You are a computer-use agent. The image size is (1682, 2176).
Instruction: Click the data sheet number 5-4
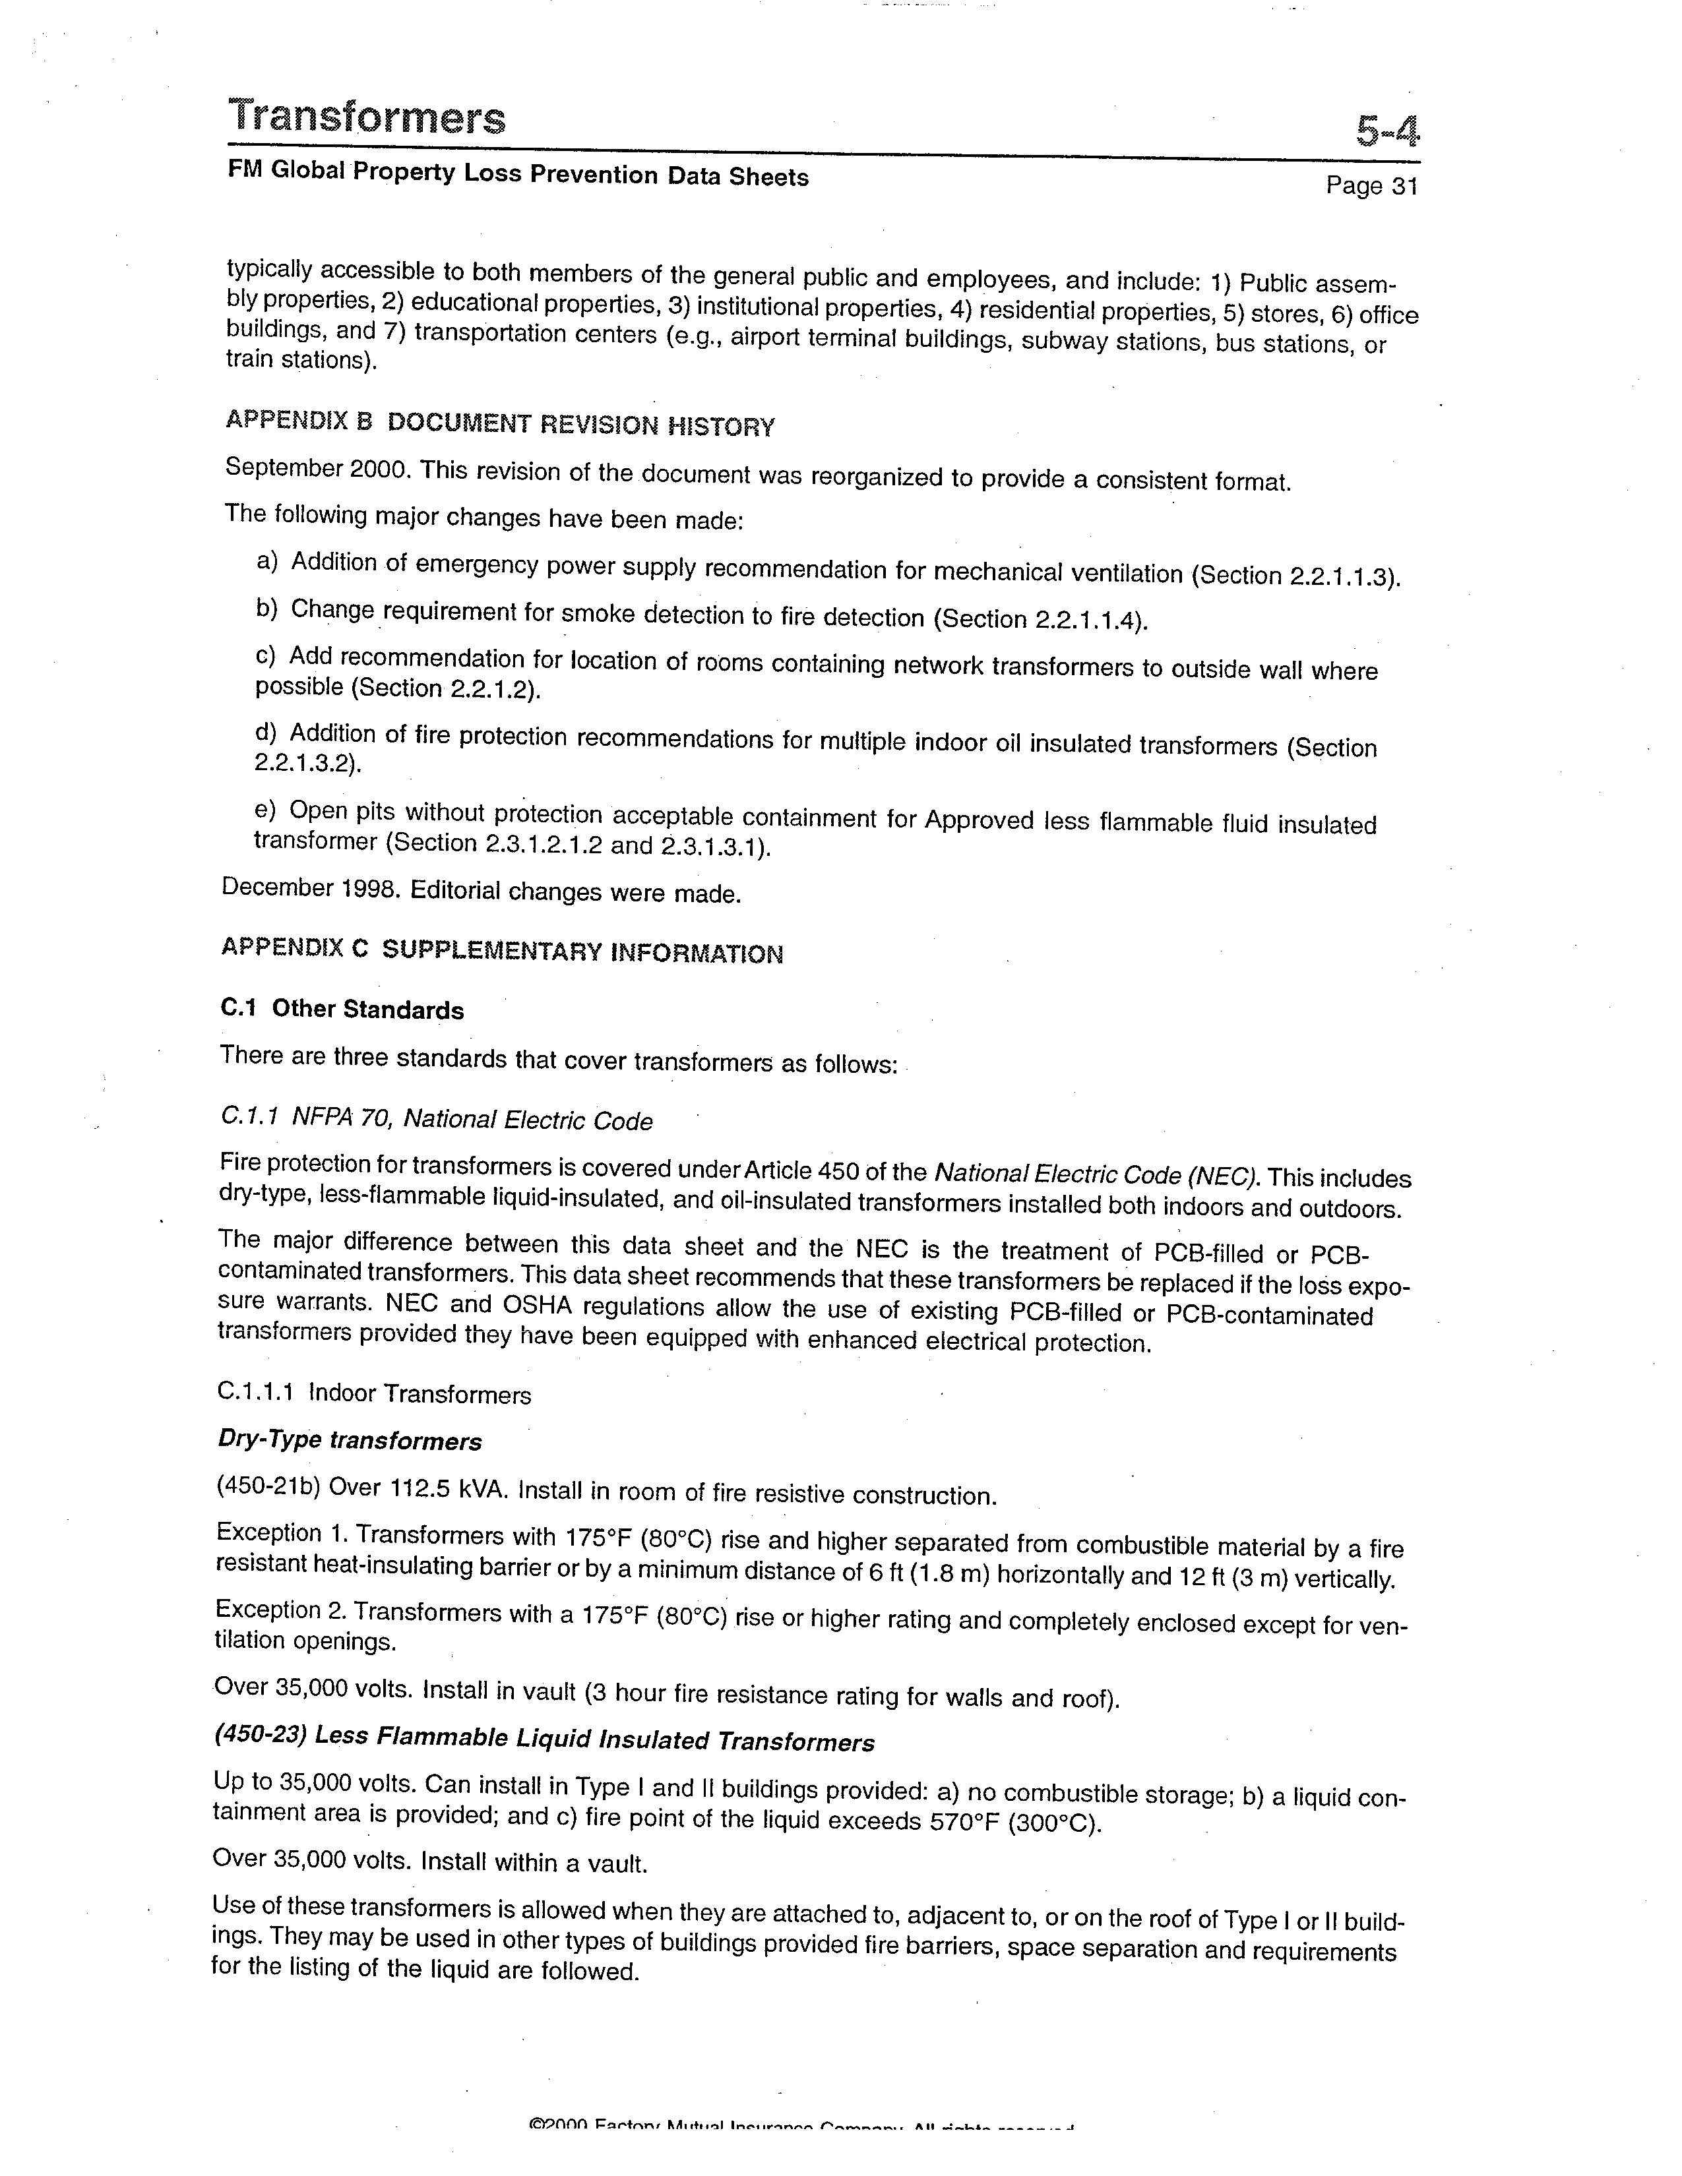pos(1386,131)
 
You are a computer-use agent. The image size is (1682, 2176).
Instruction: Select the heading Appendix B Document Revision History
pos(500,423)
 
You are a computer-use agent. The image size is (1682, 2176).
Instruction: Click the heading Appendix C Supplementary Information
pos(501,950)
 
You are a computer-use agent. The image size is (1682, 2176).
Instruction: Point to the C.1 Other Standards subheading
pos(342,1010)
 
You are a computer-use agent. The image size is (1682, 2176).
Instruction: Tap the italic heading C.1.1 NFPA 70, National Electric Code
pos(437,1120)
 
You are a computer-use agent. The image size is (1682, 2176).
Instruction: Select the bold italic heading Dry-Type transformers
pos(349,1441)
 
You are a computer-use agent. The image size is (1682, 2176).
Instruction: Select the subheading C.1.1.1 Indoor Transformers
pos(373,1393)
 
